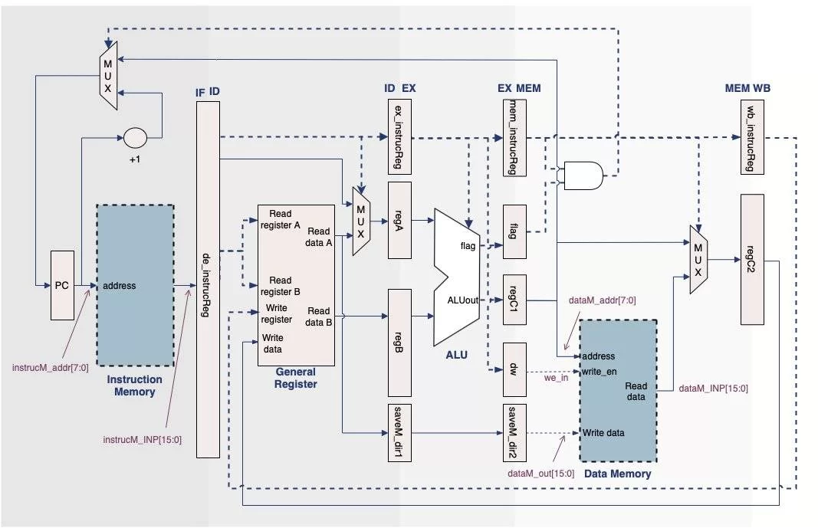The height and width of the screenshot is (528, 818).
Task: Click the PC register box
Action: point(62,284)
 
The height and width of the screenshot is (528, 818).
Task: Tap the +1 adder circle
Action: point(135,138)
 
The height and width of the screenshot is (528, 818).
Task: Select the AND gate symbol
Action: point(583,175)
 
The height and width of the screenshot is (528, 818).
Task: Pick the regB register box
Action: point(399,342)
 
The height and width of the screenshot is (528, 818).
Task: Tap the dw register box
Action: point(514,369)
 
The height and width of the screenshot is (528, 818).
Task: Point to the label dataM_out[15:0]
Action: point(540,473)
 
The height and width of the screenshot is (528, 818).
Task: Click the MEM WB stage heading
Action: point(747,88)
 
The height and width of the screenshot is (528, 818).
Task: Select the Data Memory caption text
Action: point(617,474)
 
